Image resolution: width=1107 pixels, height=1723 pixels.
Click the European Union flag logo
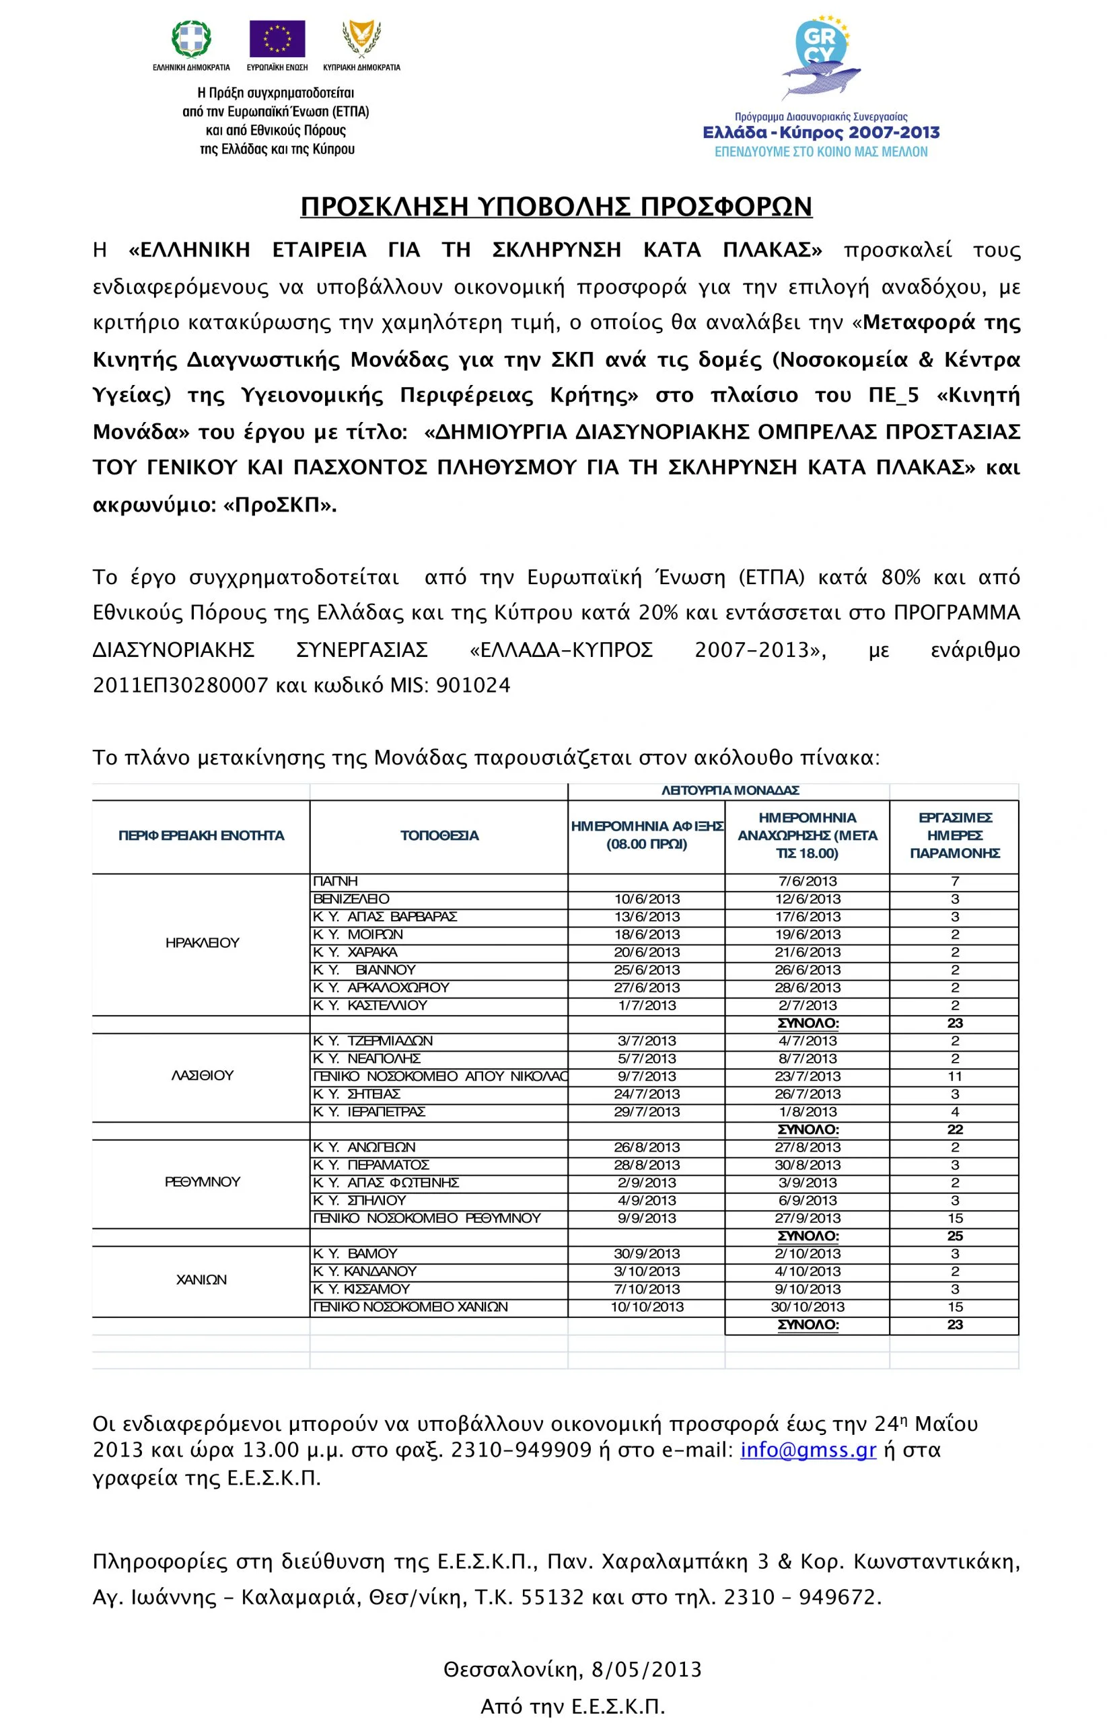pyautogui.click(x=277, y=39)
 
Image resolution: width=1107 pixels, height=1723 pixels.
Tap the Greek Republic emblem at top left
pyautogui.click(x=191, y=39)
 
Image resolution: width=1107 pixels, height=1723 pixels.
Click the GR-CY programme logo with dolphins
pyautogui.click(x=821, y=57)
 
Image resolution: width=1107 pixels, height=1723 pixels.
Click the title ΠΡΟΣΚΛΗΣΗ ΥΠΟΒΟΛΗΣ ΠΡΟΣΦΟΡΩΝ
pyautogui.click(x=556, y=207)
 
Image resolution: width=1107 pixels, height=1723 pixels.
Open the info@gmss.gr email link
pyautogui.click(x=808, y=1450)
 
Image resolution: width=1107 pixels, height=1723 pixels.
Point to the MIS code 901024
pyautogui.click(x=473, y=686)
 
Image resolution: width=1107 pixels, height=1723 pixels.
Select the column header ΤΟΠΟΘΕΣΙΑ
pyautogui.click(x=439, y=835)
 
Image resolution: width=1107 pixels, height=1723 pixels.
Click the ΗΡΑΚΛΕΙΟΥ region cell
pyautogui.click(x=202, y=943)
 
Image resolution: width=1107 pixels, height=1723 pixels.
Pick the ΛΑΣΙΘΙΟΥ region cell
pyautogui.click(x=202, y=1076)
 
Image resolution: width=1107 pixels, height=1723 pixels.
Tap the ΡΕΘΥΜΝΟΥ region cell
pyautogui.click(x=202, y=1182)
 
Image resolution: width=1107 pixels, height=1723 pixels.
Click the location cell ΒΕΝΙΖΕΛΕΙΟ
pyautogui.click(x=351, y=899)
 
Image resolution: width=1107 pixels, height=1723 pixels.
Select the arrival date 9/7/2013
pyautogui.click(x=647, y=1076)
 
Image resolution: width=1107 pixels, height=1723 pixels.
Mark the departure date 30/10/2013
pyautogui.click(x=808, y=1307)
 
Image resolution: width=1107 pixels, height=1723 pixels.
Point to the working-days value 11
pyautogui.click(x=955, y=1076)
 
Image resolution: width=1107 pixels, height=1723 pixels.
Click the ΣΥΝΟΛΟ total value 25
pyautogui.click(x=955, y=1236)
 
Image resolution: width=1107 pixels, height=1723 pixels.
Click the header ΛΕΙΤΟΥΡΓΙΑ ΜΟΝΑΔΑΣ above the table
pyautogui.click(x=730, y=791)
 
